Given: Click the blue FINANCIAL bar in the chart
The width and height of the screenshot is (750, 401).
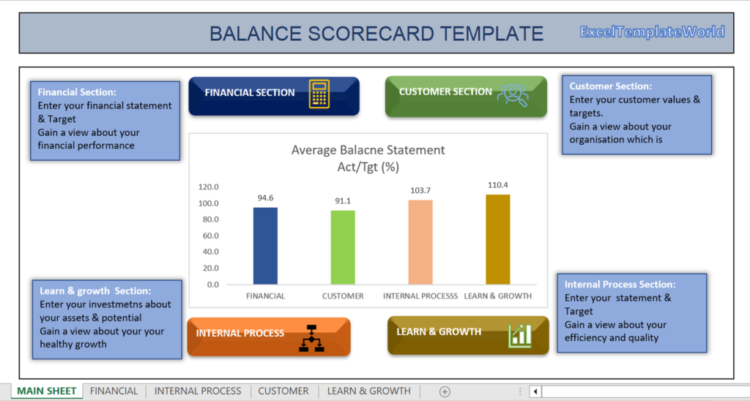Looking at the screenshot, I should pos(265,246).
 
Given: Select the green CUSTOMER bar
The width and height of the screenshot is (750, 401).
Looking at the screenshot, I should pos(343,247).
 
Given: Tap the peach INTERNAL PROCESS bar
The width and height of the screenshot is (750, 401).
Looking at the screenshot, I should pos(420,242).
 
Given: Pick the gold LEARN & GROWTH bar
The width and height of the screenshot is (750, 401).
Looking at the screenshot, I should pos(497,239).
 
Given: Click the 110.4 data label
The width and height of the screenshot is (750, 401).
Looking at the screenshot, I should pos(498,185).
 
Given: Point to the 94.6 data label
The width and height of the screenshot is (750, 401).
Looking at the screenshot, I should pos(266,198).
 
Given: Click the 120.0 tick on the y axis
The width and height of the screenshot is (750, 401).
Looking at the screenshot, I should pos(209,187).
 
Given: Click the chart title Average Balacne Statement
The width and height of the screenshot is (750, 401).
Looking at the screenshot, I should pos(368,150).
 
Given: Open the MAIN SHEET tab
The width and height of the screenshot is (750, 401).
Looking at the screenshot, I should pos(47,391).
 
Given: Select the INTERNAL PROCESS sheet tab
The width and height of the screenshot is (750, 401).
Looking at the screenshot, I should pos(198,391).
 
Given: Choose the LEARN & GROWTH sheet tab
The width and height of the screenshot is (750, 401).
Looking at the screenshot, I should pos(368,391).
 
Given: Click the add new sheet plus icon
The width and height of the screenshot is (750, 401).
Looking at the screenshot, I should pos(445,391).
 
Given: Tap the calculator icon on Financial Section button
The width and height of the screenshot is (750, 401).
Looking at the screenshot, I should pos(319,94).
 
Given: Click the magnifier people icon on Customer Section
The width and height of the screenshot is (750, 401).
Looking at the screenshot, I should pos(512,94).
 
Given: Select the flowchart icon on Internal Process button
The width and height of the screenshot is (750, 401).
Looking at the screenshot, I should pos(311,338).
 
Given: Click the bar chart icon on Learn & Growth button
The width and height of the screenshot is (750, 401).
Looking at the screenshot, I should pos(519,335).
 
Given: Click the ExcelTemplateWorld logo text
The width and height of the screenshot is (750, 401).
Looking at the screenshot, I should pos(652,31).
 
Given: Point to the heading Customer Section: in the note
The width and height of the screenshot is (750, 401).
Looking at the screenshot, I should pos(610,86).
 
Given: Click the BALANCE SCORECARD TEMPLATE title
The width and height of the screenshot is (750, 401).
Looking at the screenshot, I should pos(376,34).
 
